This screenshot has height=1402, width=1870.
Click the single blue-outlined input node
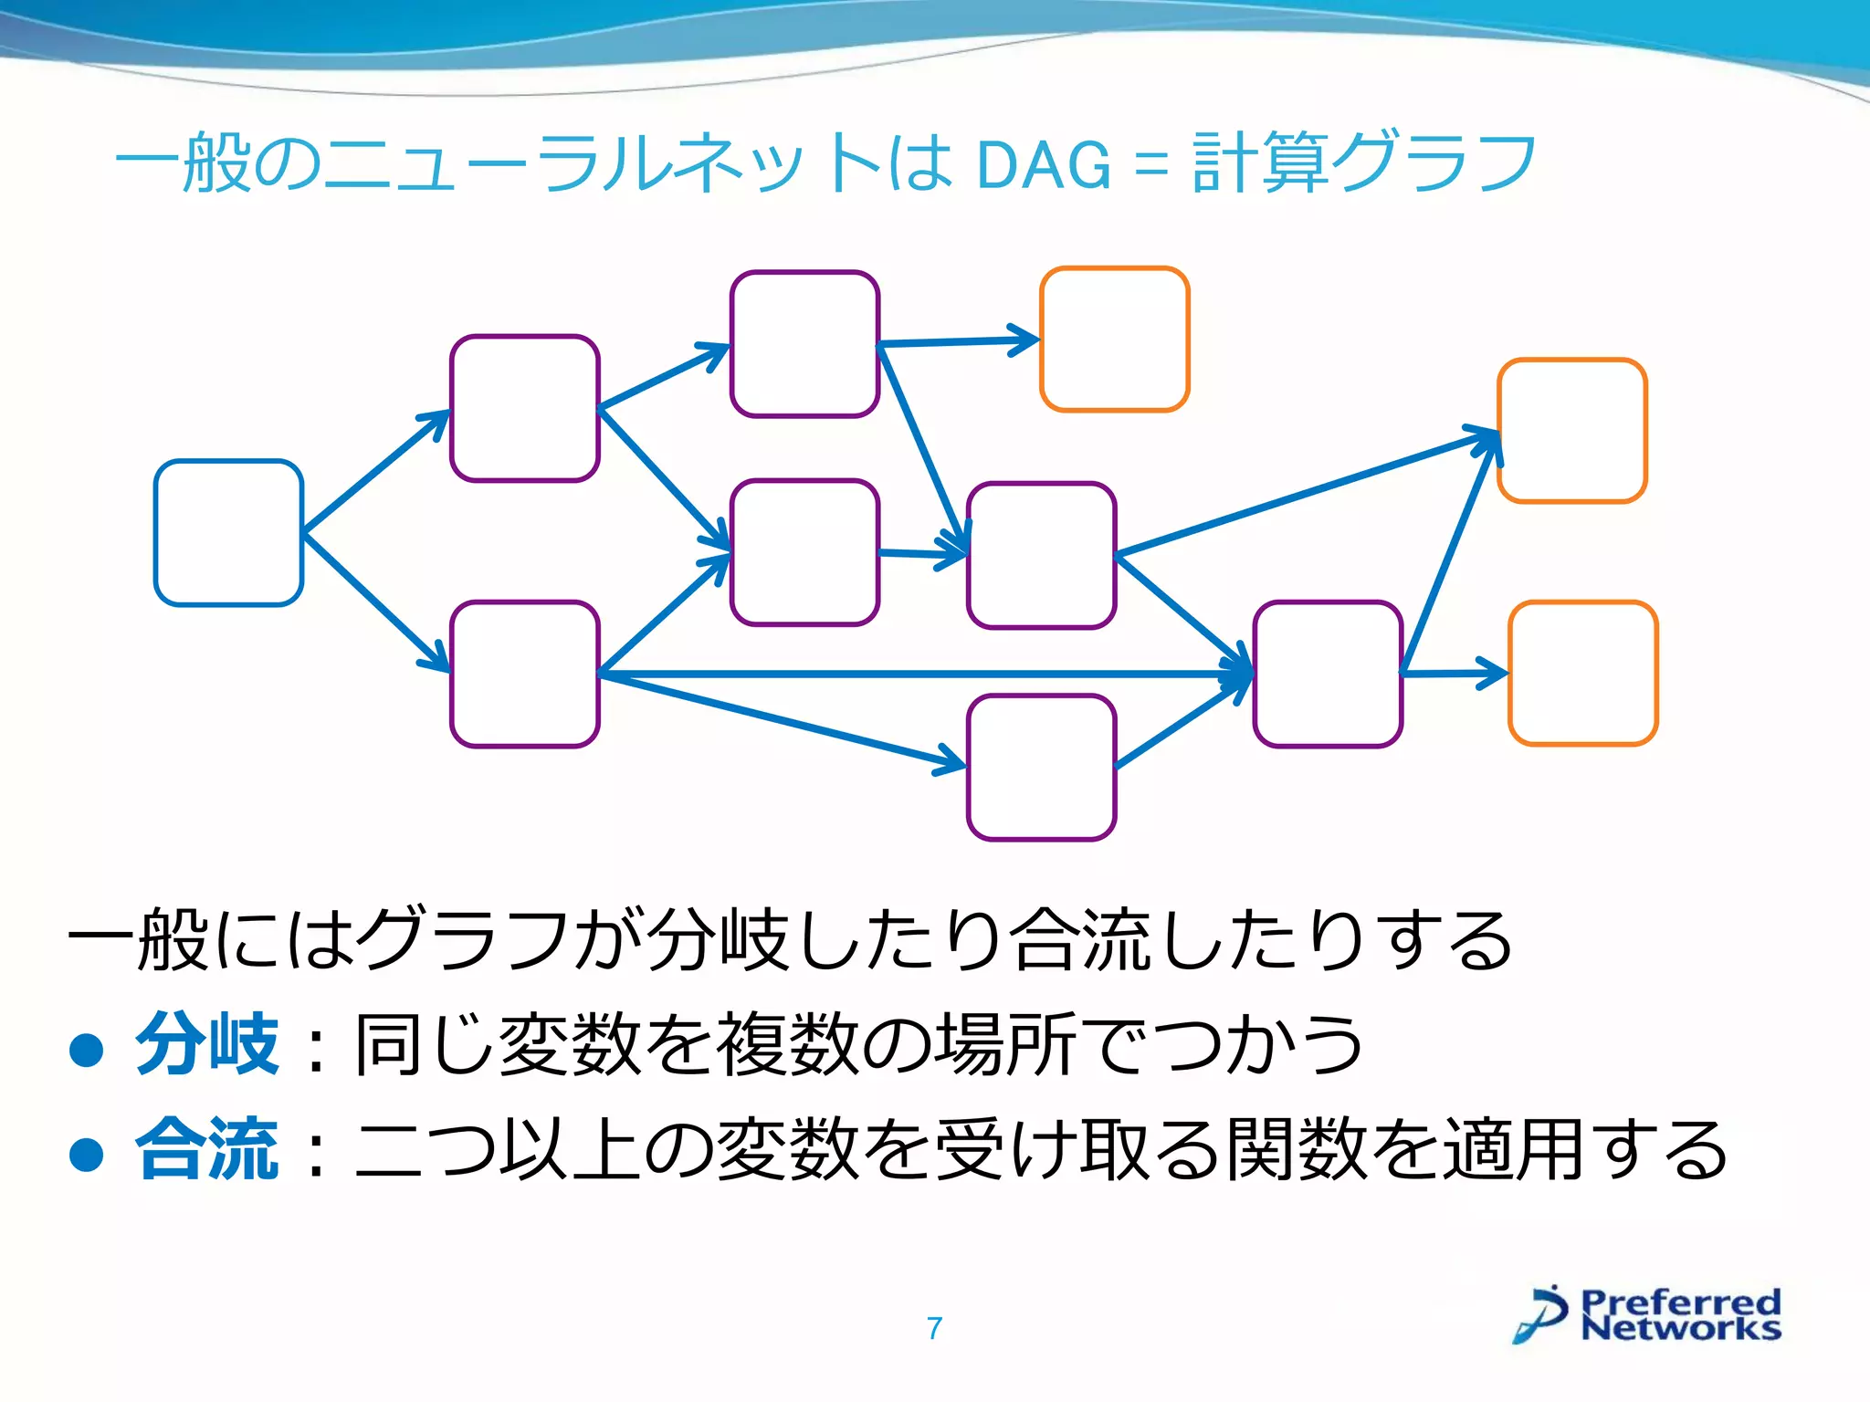tap(228, 532)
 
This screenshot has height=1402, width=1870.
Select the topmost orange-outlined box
tap(1114, 339)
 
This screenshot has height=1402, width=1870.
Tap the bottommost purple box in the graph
tap(1041, 767)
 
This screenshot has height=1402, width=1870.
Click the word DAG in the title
tap(1044, 165)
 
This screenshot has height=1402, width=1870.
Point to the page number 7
tap(934, 1328)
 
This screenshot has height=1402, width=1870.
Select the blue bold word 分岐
tap(207, 1043)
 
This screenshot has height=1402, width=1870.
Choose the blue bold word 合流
tap(207, 1148)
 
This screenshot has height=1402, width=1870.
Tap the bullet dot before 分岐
tap(87, 1049)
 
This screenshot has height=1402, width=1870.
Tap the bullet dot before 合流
tap(87, 1154)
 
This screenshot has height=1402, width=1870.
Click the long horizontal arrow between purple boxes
tap(913, 674)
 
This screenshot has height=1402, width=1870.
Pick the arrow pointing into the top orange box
tap(959, 341)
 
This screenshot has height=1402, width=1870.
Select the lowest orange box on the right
tap(1582, 673)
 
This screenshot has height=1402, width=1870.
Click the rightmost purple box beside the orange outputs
tap(1327, 674)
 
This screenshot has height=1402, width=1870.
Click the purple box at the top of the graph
tap(804, 343)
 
